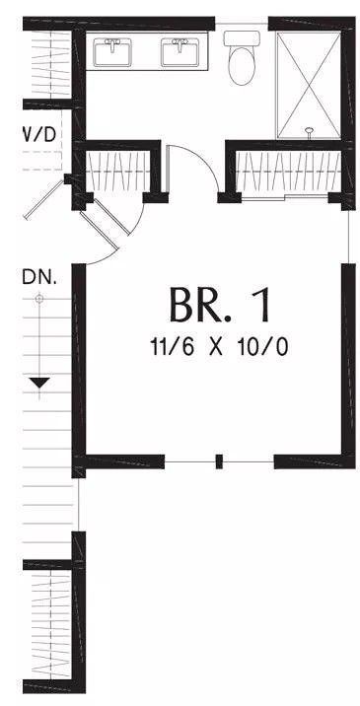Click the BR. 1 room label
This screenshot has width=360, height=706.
click(221, 305)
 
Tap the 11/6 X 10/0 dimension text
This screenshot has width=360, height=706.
click(219, 347)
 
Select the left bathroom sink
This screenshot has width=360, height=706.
click(112, 52)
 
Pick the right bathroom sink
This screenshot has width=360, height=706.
click(180, 52)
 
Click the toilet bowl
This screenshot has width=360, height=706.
click(242, 65)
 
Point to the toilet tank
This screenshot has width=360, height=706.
click(242, 37)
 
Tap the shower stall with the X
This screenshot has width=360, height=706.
click(309, 85)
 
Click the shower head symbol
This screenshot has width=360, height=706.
click(309, 132)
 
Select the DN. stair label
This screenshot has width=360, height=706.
click(39, 278)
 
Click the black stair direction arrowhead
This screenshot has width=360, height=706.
click(39, 384)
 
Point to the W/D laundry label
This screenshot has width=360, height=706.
click(40, 134)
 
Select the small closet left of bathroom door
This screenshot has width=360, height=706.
click(117, 172)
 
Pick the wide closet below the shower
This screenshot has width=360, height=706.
click(288, 172)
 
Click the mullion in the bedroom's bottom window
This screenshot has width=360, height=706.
click(219, 462)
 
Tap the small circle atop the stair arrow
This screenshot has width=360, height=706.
click(39, 298)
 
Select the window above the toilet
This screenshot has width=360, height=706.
click(242, 23)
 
